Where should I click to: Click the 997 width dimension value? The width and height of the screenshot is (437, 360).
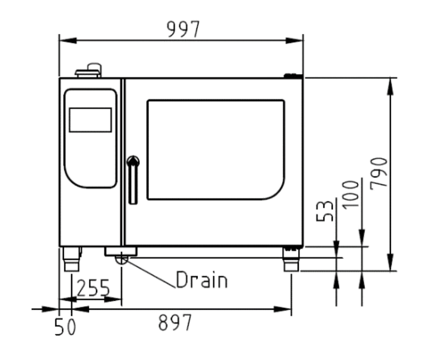tap(183, 29)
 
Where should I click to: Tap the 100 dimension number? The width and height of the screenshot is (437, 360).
tap(351, 194)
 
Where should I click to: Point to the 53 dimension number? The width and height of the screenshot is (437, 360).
tap(325, 211)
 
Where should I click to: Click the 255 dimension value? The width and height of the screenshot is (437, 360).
tap(93, 288)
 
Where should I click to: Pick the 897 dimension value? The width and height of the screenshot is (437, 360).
tap(175, 322)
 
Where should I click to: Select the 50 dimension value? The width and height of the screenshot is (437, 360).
tap(65, 327)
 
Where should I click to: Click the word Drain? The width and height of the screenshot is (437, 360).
tap(202, 279)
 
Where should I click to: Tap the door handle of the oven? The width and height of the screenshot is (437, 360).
tap(133, 179)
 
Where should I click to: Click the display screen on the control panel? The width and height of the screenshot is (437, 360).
tap(90, 120)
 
